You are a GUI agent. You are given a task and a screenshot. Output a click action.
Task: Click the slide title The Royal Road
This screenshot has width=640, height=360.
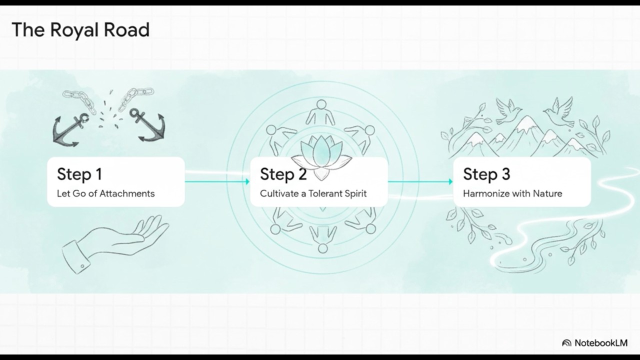80,30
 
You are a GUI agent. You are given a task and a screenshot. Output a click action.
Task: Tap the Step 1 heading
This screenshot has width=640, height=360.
79,174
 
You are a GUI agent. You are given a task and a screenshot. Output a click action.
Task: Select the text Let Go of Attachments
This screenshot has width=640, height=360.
105,193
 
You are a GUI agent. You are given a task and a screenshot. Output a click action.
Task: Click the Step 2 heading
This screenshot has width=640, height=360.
283,174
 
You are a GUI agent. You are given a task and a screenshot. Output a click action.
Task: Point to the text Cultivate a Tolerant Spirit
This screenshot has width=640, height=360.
313,193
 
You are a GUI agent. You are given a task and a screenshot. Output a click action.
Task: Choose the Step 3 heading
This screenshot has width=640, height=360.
486,174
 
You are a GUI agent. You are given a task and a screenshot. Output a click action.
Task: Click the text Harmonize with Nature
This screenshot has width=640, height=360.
512,193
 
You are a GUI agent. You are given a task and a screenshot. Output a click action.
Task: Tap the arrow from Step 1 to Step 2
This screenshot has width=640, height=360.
217,181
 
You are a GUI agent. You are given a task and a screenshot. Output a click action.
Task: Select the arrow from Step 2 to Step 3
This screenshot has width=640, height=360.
420,181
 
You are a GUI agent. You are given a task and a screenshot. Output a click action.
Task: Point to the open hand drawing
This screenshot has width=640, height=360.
114,241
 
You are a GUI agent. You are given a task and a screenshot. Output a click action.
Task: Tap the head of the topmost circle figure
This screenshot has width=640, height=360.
321,104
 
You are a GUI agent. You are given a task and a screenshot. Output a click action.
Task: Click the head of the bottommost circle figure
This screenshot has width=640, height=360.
322,248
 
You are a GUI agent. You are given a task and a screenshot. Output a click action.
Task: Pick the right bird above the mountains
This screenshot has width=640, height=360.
558,112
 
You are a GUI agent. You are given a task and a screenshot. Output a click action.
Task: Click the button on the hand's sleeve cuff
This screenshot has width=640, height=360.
82,266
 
